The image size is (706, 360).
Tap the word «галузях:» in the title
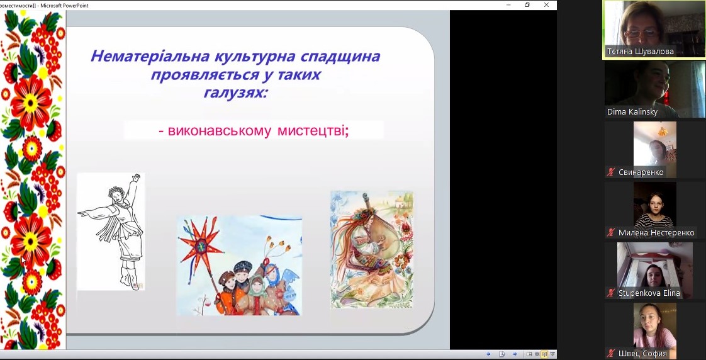click(x=235, y=93)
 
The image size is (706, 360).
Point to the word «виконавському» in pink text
click(x=219, y=131)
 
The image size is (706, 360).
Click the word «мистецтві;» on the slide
click(x=313, y=131)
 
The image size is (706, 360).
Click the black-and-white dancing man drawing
click(x=111, y=232)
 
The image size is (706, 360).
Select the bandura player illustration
click(x=372, y=250)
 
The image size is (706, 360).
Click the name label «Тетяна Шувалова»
click(x=641, y=52)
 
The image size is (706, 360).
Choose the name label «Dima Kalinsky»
click(x=632, y=112)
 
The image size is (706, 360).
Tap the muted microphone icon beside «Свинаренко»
click(x=611, y=172)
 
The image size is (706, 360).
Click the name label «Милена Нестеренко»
click(x=656, y=233)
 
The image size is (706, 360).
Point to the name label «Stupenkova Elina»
click(x=649, y=293)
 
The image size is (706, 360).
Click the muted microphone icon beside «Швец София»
click(x=611, y=354)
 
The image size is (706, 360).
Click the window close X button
click(x=546, y=5)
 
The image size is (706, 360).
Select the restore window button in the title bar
click(x=527, y=5)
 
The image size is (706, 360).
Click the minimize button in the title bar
click(x=508, y=5)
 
